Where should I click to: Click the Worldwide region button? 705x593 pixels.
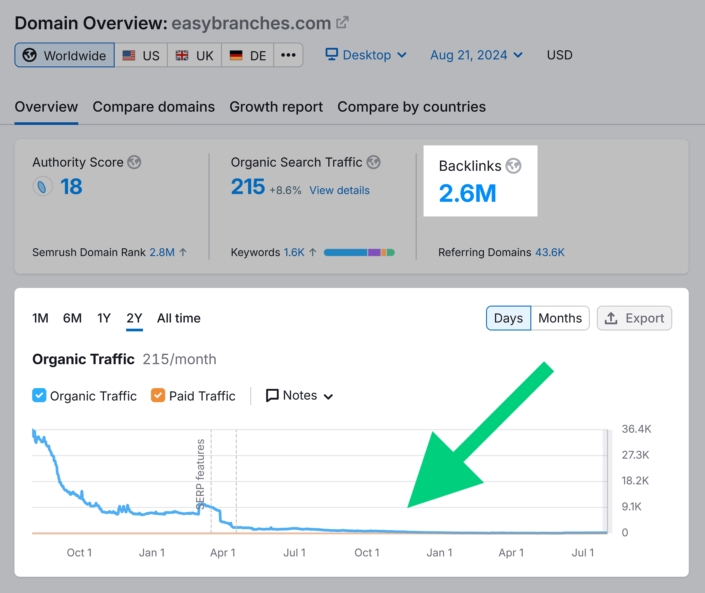click(65, 55)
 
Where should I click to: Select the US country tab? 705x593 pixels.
click(141, 55)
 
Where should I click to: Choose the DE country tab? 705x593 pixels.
click(248, 55)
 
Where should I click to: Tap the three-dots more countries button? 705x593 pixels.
click(288, 55)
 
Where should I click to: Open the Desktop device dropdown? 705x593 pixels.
click(366, 55)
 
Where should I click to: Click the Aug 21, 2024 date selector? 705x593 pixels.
click(476, 55)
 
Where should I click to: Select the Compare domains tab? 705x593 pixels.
click(154, 107)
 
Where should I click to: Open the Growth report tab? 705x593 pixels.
click(276, 107)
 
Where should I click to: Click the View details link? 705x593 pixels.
click(339, 190)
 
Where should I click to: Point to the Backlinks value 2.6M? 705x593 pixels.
click(467, 193)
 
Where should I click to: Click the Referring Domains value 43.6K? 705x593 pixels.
click(550, 252)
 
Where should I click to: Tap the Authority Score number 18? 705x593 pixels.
click(71, 187)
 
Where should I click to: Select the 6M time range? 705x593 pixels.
click(72, 318)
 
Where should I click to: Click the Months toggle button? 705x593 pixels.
click(560, 318)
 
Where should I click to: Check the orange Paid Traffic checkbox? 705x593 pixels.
click(158, 395)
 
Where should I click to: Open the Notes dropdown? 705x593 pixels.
click(299, 395)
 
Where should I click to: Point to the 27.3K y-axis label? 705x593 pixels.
click(635, 455)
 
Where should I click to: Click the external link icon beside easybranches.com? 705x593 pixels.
click(342, 23)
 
